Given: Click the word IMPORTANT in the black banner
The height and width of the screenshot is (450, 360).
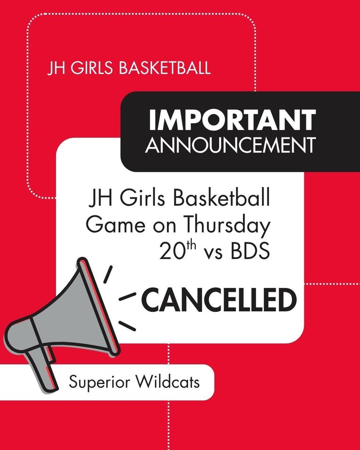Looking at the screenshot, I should click(232, 120).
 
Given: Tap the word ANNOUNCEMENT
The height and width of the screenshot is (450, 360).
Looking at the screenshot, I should click(230, 145).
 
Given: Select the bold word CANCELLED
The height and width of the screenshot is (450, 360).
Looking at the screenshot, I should click(218, 301).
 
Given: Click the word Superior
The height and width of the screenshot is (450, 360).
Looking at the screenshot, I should click(99, 382).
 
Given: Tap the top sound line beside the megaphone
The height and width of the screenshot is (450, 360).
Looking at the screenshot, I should click(108, 274).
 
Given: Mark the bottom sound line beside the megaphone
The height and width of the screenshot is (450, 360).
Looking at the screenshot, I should click(127, 326).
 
